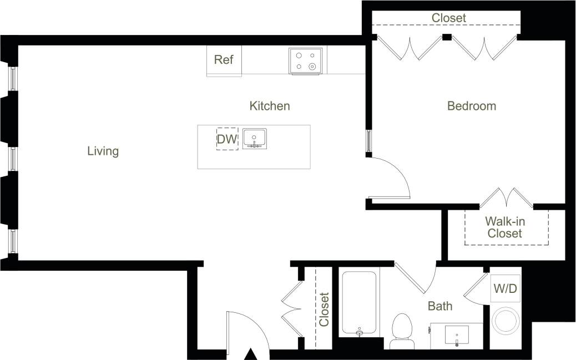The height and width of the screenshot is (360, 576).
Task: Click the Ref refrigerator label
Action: coord(224,60)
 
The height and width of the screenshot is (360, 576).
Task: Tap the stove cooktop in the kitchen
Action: coord(306,60)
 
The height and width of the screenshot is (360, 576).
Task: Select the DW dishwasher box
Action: coord(227,139)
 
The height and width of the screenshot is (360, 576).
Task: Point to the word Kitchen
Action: coord(270,106)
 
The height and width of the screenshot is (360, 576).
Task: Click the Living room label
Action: coord(103,151)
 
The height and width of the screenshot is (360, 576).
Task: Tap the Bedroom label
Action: coord(472,106)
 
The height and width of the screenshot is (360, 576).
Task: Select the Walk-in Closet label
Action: coord(505,227)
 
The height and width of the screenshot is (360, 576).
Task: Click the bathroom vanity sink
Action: coord(457,335)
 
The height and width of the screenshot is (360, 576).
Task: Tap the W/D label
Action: coord(505,288)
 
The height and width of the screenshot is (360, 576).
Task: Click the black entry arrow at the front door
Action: coord(251,354)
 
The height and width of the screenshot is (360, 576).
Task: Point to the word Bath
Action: coord(440,306)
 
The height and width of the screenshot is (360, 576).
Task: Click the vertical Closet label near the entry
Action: coord(324,310)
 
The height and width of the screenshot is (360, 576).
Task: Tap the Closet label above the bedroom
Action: coord(449,18)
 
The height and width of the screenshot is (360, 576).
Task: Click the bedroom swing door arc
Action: coord(395,178)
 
